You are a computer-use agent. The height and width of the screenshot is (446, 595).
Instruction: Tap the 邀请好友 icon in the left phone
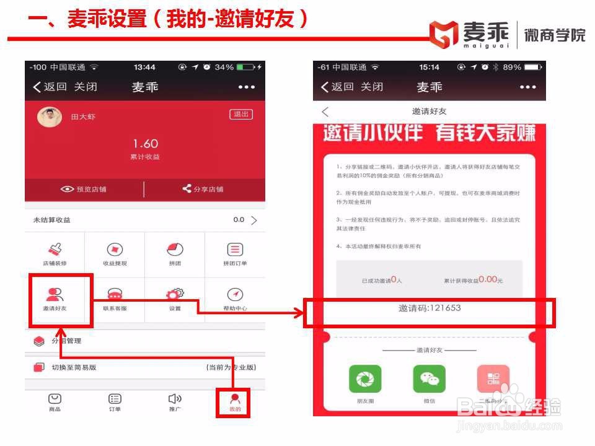[55, 295]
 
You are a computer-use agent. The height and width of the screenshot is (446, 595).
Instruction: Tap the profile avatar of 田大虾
[49, 116]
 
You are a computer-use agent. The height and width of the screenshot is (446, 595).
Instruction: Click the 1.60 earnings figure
[145, 144]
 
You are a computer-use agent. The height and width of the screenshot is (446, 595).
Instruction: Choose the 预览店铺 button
[84, 189]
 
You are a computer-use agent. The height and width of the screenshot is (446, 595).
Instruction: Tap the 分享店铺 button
[203, 189]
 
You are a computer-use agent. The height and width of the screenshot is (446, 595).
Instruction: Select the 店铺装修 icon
[55, 250]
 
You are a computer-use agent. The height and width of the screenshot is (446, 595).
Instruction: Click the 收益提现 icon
[115, 250]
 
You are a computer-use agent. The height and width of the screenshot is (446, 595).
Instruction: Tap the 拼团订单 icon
[235, 250]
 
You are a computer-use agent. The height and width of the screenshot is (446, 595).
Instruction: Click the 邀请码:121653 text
[430, 308]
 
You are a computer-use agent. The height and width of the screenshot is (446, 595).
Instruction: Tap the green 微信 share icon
[429, 378]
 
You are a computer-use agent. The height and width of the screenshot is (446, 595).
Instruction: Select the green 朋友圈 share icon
[365, 378]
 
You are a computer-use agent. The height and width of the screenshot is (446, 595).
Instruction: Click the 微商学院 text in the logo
[554, 34]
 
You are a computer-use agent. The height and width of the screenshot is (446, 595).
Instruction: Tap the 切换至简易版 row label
[74, 367]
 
